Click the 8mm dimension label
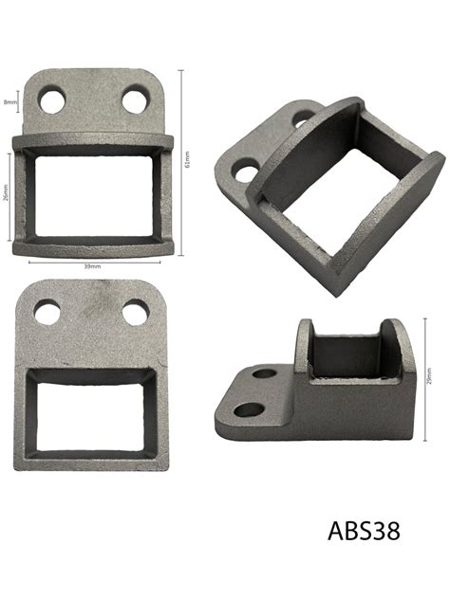pos(9,102)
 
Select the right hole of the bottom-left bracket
pos(136,312)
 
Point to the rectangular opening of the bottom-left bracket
pos(92,408)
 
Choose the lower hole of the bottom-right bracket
pos(249,410)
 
